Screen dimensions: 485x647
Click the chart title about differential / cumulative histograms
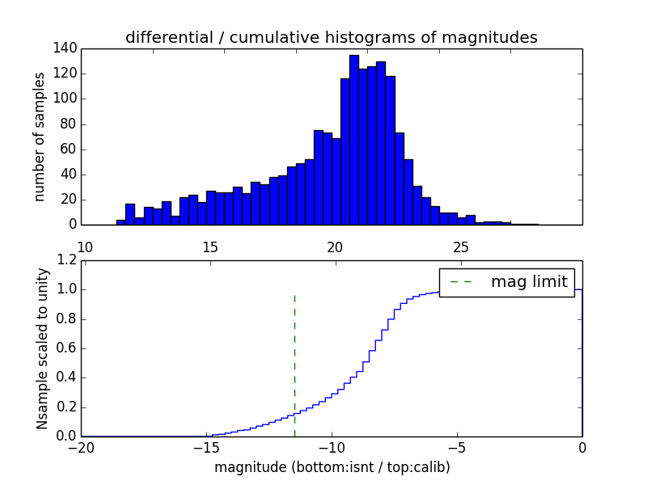tap(331, 37)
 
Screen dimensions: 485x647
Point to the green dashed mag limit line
tap(294, 364)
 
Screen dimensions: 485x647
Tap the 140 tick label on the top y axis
tap(66, 48)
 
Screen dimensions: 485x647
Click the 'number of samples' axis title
tap(40, 137)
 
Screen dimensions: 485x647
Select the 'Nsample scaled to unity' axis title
tap(42, 348)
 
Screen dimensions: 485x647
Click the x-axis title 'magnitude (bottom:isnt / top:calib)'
tap(332, 467)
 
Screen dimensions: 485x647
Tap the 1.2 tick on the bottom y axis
tap(66, 260)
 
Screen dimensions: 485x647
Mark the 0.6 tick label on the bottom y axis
tap(66, 348)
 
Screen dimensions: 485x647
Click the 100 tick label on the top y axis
tap(66, 99)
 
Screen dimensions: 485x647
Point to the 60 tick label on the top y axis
tap(69, 149)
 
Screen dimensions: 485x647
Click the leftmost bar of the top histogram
tap(121, 222)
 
